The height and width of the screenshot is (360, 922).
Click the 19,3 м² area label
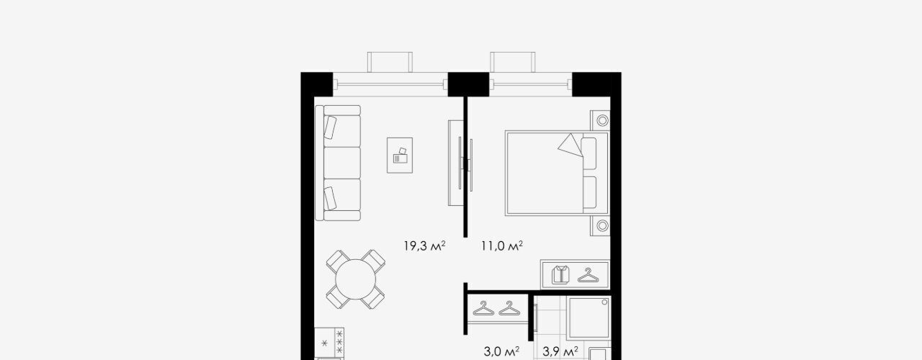click(424, 246)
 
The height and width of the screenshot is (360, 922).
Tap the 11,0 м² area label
click(502, 246)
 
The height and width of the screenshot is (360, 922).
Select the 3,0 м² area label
click(501, 351)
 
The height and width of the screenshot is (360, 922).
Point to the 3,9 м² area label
click(560, 351)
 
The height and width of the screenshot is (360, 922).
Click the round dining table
click(356, 279)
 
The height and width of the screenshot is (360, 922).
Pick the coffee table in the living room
click(400, 155)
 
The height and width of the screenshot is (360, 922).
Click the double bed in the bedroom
click(557, 173)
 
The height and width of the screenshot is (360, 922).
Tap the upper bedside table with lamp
click(600, 120)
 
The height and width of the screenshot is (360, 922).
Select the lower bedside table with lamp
click(600, 225)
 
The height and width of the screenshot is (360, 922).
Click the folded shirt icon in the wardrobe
click(560, 274)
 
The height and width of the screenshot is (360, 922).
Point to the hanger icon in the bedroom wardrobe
click(588, 275)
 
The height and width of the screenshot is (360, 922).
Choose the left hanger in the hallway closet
click(483, 308)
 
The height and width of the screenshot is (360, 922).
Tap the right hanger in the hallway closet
click(509, 308)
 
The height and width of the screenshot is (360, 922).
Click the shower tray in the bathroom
click(588, 318)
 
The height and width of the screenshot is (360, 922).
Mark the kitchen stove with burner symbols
click(329, 342)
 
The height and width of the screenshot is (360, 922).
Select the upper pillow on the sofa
click(330, 127)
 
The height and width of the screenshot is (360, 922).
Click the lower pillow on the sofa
click(330, 198)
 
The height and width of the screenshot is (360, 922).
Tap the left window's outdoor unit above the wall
click(390, 62)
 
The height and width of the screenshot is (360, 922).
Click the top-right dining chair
click(375, 261)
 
